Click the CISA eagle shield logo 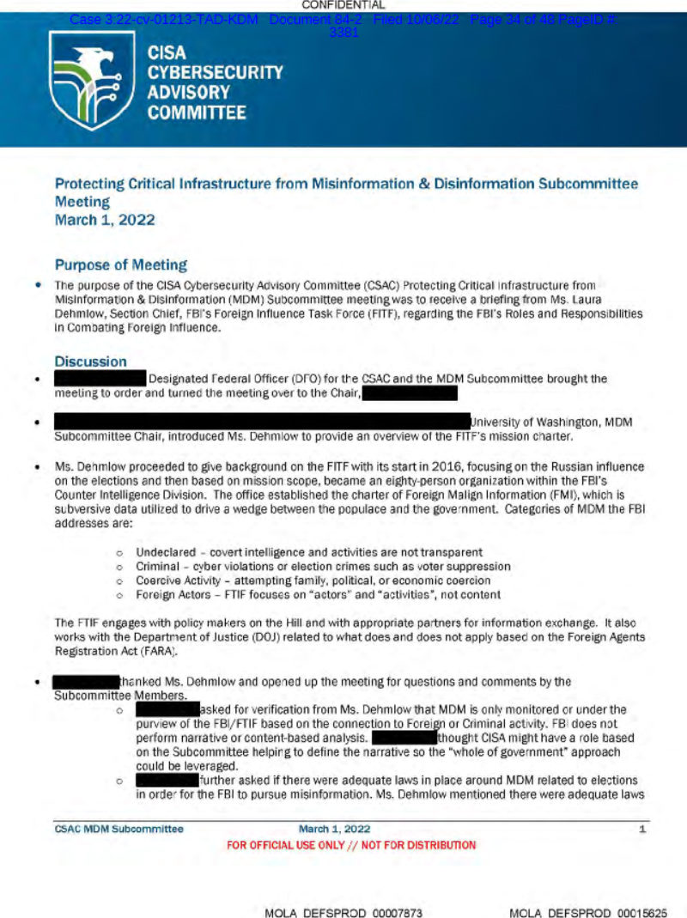(x=92, y=79)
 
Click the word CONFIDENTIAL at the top (x=343, y=5)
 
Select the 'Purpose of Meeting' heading (x=120, y=264)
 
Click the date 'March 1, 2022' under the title (x=105, y=220)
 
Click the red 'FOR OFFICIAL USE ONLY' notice (x=350, y=845)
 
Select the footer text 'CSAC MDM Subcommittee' (x=119, y=829)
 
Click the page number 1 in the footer (x=642, y=829)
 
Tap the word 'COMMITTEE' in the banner (x=197, y=112)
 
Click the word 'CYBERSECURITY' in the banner (x=215, y=72)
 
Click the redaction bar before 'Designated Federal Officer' (x=100, y=378)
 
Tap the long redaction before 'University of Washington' (x=262, y=422)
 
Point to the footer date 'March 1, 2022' (x=334, y=829)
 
